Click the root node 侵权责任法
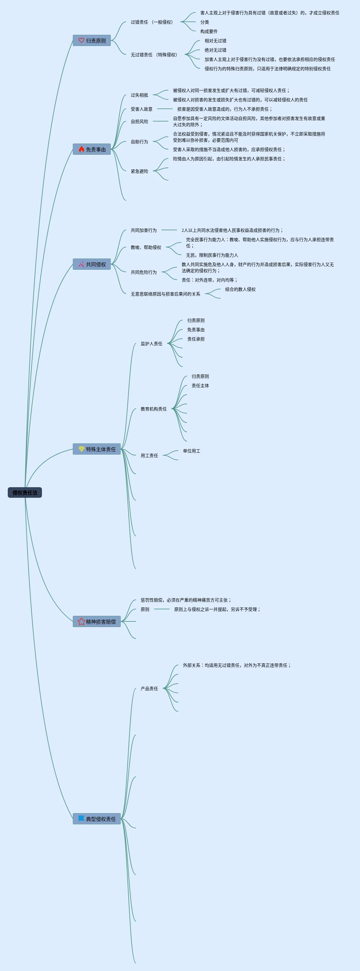[x=25, y=493]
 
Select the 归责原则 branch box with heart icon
[x=92, y=41]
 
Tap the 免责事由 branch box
[x=92, y=149]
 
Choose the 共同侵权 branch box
[x=92, y=264]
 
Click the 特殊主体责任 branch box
[x=97, y=449]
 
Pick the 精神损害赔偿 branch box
[x=97, y=621]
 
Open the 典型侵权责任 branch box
[x=97, y=819]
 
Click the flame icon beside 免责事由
[x=81, y=149]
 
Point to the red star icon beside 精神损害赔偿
[x=81, y=621]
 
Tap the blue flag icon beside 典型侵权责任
[x=81, y=818]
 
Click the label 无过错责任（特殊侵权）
[x=154, y=55]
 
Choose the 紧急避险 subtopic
[x=139, y=171]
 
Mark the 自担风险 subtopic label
[x=139, y=121]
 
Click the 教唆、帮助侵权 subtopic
[x=146, y=247]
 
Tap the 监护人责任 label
[x=152, y=343]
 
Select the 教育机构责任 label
[x=153, y=409]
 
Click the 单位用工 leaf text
[x=192, y=451]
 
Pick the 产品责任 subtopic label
[x=149, y=688]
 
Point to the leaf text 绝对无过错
[x=215, y=50]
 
